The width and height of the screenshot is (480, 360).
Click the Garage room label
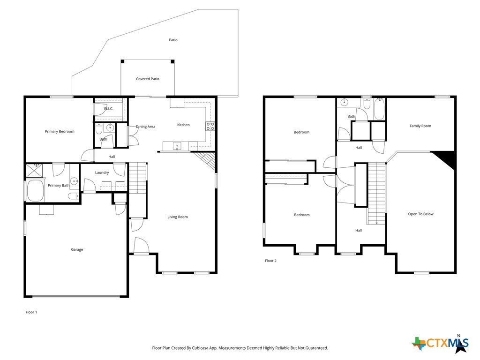pos(77,249)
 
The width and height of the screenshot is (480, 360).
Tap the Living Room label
pos(178,217)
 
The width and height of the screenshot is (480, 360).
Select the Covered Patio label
pos(148,79)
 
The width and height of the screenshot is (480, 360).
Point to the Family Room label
pos(420,126)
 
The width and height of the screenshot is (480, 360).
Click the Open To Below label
pos(420,214)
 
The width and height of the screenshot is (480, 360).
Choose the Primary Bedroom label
pos(60,131)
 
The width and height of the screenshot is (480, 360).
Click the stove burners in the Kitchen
pos(210,126)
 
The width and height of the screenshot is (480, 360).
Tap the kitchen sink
pos(177,146)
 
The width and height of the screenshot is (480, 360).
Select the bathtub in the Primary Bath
pos(36,190)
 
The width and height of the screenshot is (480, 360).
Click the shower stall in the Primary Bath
pos(34,171)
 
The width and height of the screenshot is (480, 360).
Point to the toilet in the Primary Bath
pos(74,196)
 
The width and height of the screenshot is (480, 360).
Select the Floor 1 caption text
pos(31,312)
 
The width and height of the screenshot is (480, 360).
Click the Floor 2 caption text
pos(270,261)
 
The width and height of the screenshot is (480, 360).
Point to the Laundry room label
pos(102,172)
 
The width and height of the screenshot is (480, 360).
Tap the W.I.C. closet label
pos(108,109)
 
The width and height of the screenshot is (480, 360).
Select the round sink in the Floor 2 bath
pos(345,102)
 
